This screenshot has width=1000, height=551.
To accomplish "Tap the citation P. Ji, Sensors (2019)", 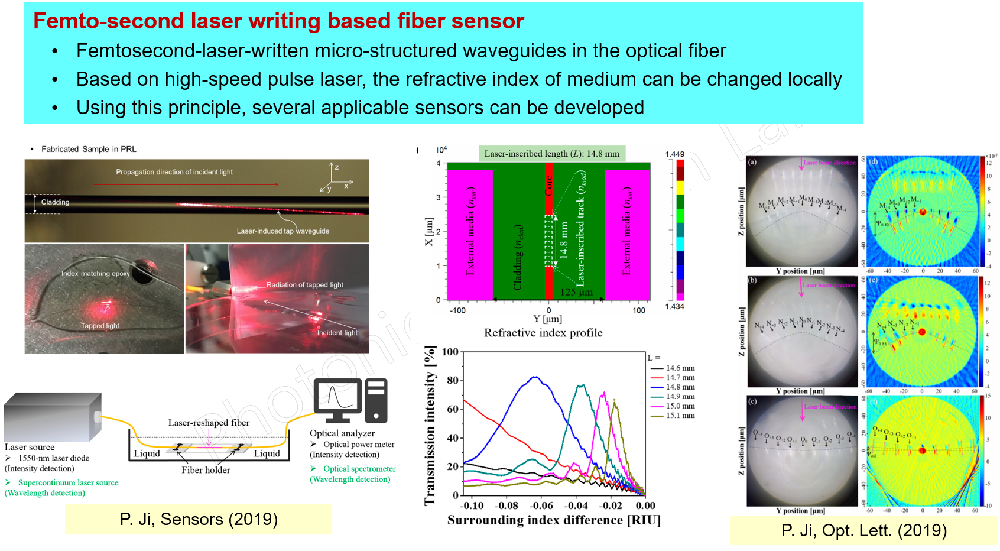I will click(199, 519).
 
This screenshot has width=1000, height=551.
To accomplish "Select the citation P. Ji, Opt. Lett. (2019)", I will click(863, 530).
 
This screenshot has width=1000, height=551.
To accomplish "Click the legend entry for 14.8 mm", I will click(680, 387).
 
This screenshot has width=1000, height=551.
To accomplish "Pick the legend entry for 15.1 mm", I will click(680, 416).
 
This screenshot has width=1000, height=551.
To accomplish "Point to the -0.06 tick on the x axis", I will click(541, 505).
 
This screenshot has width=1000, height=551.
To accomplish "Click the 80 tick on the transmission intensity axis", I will click(452, 380).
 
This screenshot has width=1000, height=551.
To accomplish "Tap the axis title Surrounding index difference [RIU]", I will click(554, 520).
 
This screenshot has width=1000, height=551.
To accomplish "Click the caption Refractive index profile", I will click(543, 333).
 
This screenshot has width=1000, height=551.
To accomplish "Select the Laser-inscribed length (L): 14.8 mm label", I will click(551, 154).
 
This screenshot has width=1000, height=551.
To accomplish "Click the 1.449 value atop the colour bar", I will click(674, 154).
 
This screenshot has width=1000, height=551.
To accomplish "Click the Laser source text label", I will click(30, 447).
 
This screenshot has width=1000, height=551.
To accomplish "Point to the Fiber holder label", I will click(206, 470).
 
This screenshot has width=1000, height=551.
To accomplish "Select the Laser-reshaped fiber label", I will click(209, 423).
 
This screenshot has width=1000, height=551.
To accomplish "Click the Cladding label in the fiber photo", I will click(55, 202).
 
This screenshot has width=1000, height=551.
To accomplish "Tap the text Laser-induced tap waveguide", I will click(283, 231).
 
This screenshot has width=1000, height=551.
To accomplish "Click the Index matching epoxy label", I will click(95, 274).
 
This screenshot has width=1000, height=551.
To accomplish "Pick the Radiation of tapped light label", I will click(304, 285).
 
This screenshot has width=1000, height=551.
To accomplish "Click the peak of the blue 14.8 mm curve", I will click(535, 377).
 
